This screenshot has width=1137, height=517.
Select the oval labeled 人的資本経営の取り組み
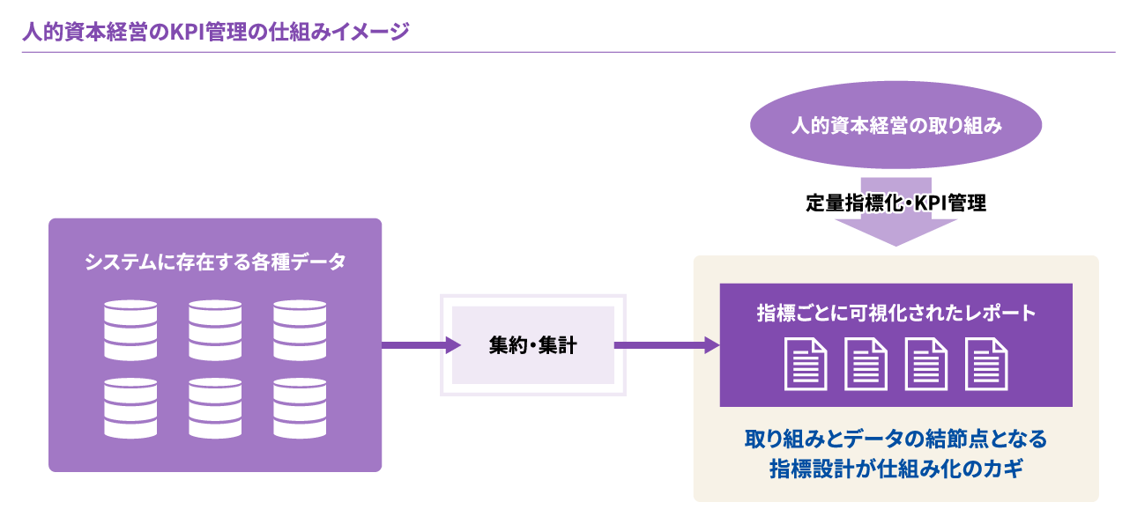(895, 126)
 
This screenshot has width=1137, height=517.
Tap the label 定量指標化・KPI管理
(895, 203)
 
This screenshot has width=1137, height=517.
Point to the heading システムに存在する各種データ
(215, 262)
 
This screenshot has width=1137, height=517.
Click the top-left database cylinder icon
(130, 329)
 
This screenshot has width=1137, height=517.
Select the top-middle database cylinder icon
(215, 329)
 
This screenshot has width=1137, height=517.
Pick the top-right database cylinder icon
(300, 329)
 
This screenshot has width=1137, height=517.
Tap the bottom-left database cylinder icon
(130, 409)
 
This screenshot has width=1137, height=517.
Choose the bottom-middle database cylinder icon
(215, 409)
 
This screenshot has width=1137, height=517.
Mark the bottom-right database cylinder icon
(300, 409)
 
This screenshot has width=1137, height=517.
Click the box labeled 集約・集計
(532, 345)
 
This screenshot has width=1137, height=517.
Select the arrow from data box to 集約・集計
(420, 345)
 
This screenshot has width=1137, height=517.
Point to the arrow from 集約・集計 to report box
(666, 345)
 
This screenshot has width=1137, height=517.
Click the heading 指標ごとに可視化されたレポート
(895, 314)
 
